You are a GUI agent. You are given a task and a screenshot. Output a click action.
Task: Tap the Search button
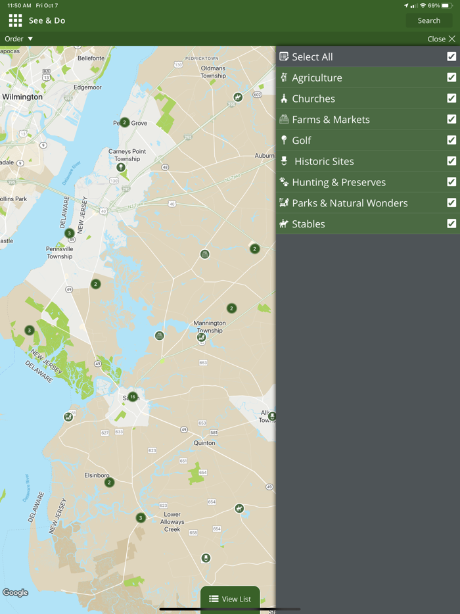[428, 20]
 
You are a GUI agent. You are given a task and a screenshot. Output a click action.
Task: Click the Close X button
[441, 39]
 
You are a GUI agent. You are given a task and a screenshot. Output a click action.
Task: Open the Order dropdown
[19, 39]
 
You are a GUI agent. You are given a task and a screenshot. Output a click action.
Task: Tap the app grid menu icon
[15, 21]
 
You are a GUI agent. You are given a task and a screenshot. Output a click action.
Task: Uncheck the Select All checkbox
[451, 57]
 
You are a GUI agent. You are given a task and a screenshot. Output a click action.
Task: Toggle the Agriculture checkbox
[451, 78]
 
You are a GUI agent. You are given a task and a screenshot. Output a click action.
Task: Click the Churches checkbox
[451, 99]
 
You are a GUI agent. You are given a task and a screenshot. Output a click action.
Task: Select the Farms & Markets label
[331, 120]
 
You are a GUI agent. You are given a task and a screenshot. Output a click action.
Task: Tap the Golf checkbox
[451, 140]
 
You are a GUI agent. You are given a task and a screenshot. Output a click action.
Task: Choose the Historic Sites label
[324, 161]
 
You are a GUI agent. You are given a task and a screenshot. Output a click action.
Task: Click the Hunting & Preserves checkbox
[451, 182]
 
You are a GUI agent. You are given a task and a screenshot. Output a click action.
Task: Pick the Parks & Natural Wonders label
[350, 203]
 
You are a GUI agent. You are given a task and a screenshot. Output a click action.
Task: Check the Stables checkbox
[451, 224]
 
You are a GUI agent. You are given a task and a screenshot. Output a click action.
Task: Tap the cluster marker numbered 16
[133, 397]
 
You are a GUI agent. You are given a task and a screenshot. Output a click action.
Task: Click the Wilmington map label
[22, 97]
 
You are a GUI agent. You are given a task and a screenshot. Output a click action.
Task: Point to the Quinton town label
[204, 443]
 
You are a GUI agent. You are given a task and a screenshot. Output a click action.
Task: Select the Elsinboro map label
[97, 475]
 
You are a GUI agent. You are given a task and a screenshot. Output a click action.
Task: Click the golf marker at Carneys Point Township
[121, 168]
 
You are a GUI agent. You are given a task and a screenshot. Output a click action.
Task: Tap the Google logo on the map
[15, 593]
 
